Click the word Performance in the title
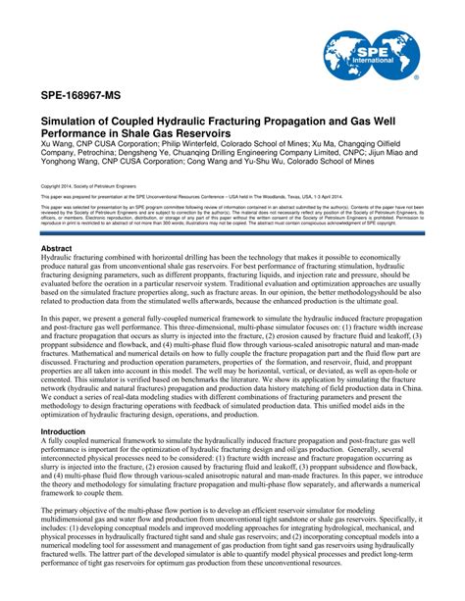tap(77, 136)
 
